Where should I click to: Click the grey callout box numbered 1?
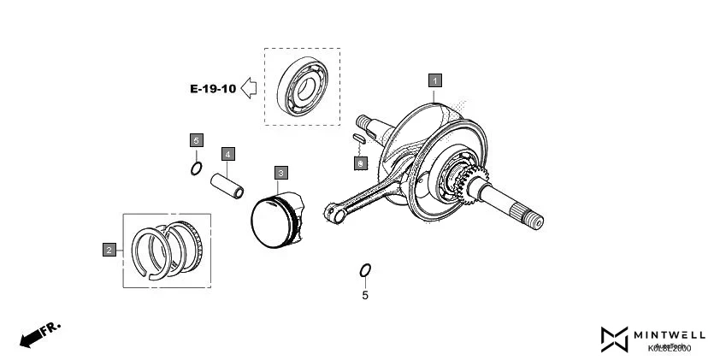[435, 80]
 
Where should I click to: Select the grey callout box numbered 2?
[109, 250]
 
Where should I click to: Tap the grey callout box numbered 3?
[280, 173]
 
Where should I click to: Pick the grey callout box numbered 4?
[227, 154]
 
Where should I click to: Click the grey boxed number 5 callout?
[196, 139]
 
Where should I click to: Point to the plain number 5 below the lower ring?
[365, 296]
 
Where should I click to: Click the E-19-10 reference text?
[212, 88]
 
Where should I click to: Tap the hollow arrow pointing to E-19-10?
[250, 87]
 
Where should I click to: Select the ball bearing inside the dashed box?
[303, 86]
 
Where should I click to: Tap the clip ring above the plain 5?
[365, 271]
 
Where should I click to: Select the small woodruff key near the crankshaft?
[358, 137]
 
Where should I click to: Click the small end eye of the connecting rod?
[332, 211]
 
